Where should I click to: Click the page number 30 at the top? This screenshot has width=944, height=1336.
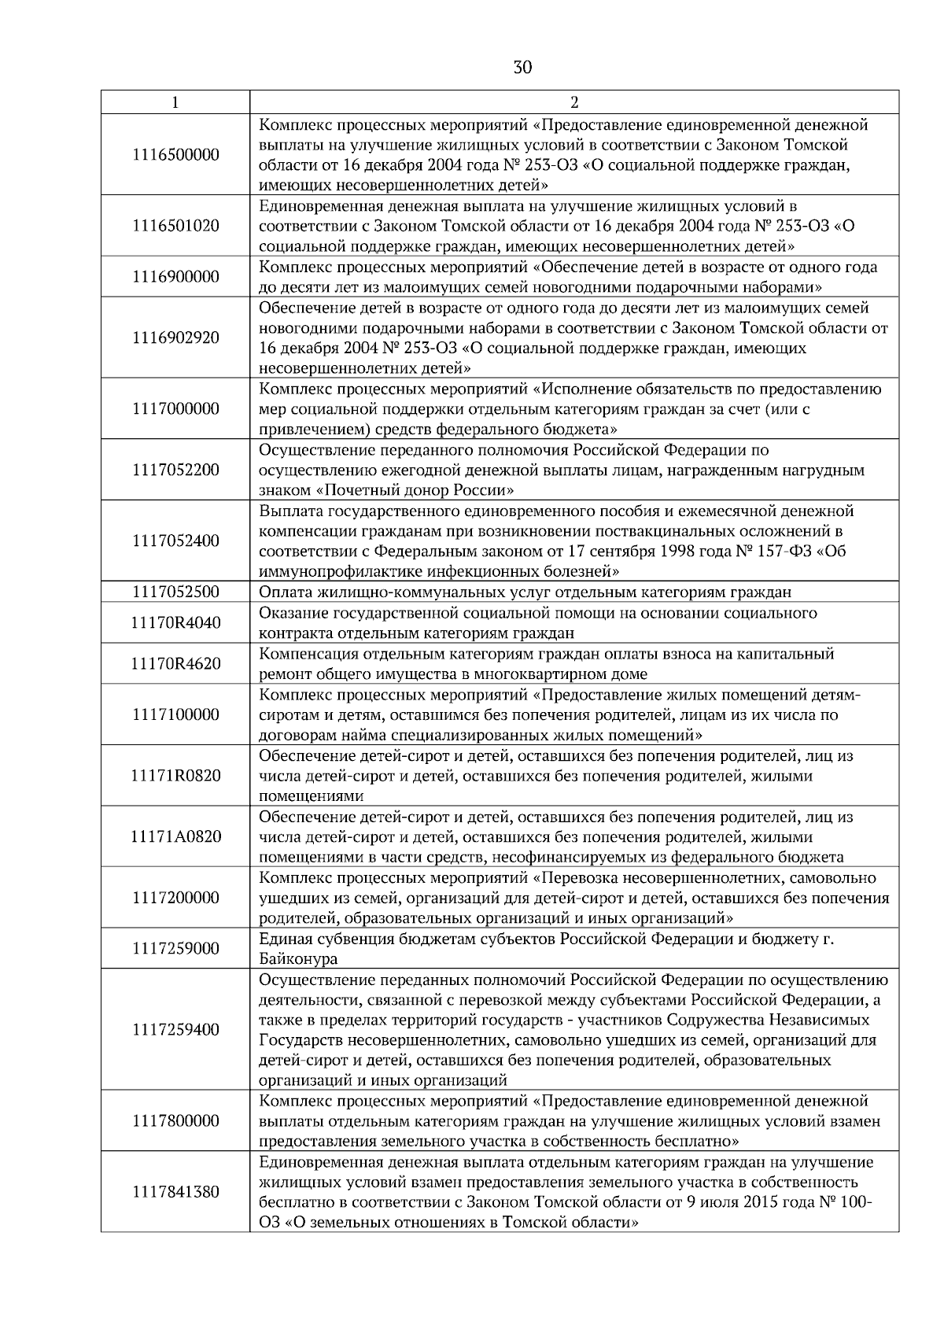(x=522, y=68)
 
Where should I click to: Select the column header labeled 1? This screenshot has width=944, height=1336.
(x=175, y=102)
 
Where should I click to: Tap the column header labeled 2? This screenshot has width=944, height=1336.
(x=574, y=102)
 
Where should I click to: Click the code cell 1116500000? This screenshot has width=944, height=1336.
(x=175, y=155)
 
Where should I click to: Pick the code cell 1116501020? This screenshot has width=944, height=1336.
(x=175, y=226)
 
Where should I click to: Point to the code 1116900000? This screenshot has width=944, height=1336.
(x=175, y=277)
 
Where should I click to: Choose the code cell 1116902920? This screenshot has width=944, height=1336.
(x=175, y=338)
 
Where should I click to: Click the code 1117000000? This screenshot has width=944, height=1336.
(x=175, y=408)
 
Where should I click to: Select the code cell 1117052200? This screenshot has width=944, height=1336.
(x=175, y=470)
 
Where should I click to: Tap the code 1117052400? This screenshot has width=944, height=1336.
(x=175, y=541)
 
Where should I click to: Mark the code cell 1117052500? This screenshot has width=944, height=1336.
(x=175, y=592)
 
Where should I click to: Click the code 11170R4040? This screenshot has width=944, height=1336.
(x=175, y=623)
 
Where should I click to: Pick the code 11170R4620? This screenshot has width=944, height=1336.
(x=175, y=663)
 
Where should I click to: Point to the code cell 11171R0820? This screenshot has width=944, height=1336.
(x=175, y=776)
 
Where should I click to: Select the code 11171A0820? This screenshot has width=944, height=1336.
(x=175, y=836)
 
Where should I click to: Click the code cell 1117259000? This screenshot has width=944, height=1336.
(x=175, y=949)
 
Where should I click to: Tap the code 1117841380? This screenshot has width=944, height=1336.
(x=175, y=1192)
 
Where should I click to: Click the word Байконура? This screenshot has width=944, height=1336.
(x=298, y=959)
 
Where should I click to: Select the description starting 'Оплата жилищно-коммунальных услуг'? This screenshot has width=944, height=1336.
(x=525, y=592)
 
